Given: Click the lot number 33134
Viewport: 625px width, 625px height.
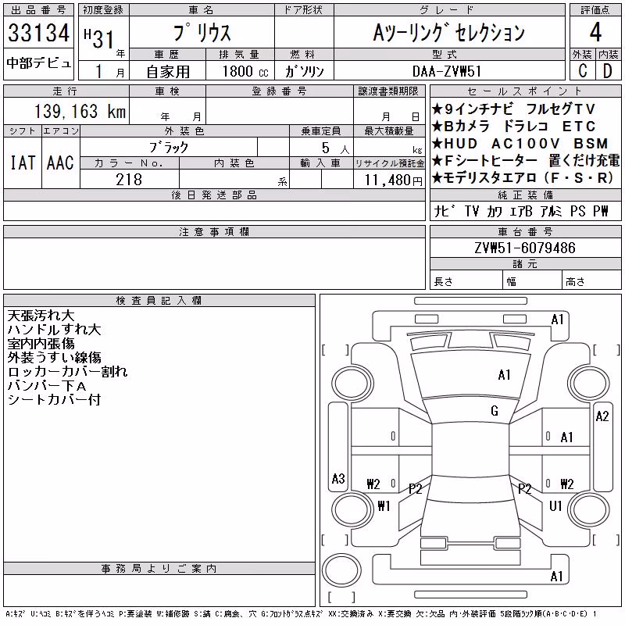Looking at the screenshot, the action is [x=38, y=33].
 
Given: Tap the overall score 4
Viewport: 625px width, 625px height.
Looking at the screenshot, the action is [x=595, y=32].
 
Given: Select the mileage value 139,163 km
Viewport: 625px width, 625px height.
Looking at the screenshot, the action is [x=80, y=111].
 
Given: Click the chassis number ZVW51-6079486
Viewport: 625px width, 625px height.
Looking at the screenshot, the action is [x=525, y=248].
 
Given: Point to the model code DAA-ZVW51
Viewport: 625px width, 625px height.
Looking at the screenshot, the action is [x=447, y=71].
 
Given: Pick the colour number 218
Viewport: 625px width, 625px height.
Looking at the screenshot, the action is [x=129, y=180].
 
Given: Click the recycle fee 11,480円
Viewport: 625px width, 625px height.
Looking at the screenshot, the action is [x=393, y=180].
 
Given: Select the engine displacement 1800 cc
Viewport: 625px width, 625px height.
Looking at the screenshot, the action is [x=245, y=71].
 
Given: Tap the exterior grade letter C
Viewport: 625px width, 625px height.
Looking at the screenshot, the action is [x=583, y=71].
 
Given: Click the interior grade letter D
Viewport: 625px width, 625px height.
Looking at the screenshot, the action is [x=608, y=71].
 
